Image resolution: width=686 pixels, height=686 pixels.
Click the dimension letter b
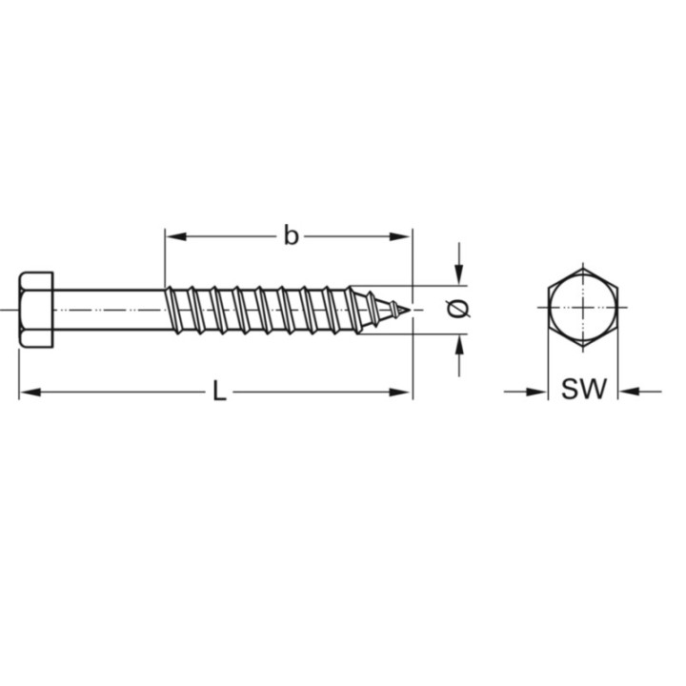click(291, 235)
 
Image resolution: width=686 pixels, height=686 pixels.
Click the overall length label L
click(218, 391)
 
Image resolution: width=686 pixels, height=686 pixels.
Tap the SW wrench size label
click(583, 390)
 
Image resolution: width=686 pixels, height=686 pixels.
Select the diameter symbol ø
click(458, 309)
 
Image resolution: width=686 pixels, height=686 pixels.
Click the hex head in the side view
click(35, 309)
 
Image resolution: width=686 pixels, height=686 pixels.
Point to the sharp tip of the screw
click(410, 309)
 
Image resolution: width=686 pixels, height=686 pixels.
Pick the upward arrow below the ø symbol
click(459, 343)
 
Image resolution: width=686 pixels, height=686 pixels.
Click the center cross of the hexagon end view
click(583, 308)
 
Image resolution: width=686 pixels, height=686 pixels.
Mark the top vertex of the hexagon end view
click(583, 268)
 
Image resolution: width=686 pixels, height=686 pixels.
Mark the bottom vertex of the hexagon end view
click(583, 349)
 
